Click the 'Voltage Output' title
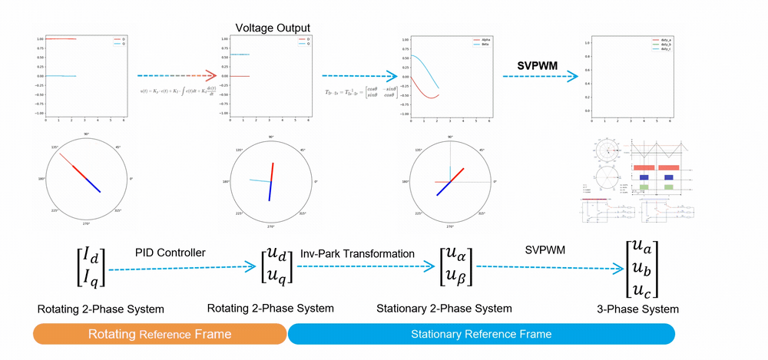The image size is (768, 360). pos(272,28)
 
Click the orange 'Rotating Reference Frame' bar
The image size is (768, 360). pos(159,334)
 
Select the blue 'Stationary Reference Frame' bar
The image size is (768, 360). pos(481,334)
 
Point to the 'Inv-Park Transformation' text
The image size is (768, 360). pos(358,253)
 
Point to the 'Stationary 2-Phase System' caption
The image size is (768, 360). pos(444,309)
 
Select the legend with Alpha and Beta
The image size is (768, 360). pos(482,42)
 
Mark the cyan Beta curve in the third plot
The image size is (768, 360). pos(430,73)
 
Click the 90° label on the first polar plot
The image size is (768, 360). pos(87,135)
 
